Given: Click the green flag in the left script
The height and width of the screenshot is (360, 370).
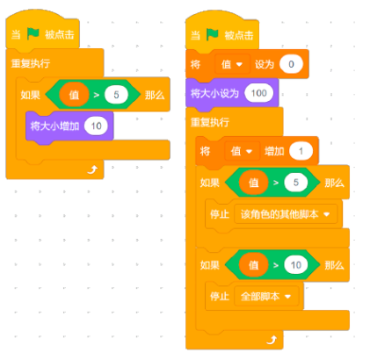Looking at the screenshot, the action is point(33,33).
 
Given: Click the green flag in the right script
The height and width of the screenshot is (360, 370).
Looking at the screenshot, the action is point(213,34).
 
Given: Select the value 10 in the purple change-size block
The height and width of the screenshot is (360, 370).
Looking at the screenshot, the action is point(96,126).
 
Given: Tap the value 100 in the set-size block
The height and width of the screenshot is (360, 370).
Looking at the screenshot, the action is point(259,93).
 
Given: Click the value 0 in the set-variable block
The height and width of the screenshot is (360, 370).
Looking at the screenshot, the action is point(291,64).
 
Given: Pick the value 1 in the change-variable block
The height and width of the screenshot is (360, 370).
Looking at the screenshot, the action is point(301,151).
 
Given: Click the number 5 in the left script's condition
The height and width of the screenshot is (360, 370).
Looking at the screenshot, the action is point(116,95).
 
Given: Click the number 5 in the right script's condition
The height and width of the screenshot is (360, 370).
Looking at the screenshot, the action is point(296,183).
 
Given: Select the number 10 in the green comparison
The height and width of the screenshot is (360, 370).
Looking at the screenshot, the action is point(296,265).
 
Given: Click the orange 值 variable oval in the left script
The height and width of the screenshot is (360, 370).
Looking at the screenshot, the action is point(74,95).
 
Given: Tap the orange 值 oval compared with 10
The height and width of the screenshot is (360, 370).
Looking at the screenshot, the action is point(254,265).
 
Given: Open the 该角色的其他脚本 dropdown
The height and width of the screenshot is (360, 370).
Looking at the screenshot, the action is point(286,214).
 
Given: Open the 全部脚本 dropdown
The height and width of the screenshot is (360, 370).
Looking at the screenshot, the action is point(266,297).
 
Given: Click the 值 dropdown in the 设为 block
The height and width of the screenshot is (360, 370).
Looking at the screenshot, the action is point(232,64).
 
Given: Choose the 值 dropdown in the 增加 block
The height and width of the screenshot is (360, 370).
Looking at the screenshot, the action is point(242,151).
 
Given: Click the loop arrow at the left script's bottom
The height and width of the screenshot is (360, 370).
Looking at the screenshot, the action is point(92,169).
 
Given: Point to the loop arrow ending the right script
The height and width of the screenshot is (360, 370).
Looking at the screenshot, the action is point(272,340).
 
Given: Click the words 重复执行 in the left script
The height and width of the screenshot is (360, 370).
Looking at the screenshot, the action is point(31,63).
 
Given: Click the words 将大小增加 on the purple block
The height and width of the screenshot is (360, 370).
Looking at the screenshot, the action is point(54,126).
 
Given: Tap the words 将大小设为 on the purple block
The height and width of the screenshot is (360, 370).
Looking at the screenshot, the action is point(214,93).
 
